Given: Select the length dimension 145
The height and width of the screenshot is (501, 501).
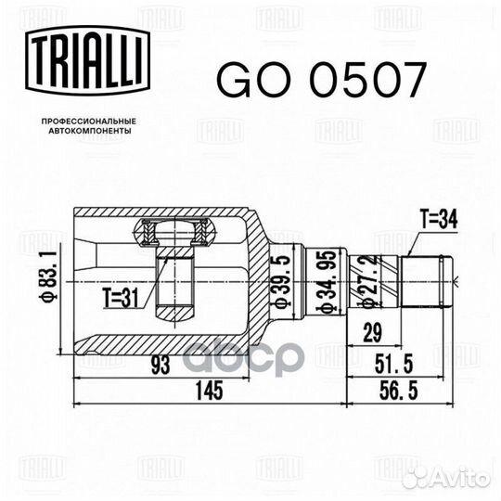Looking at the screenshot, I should click(x=209, y=392).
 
